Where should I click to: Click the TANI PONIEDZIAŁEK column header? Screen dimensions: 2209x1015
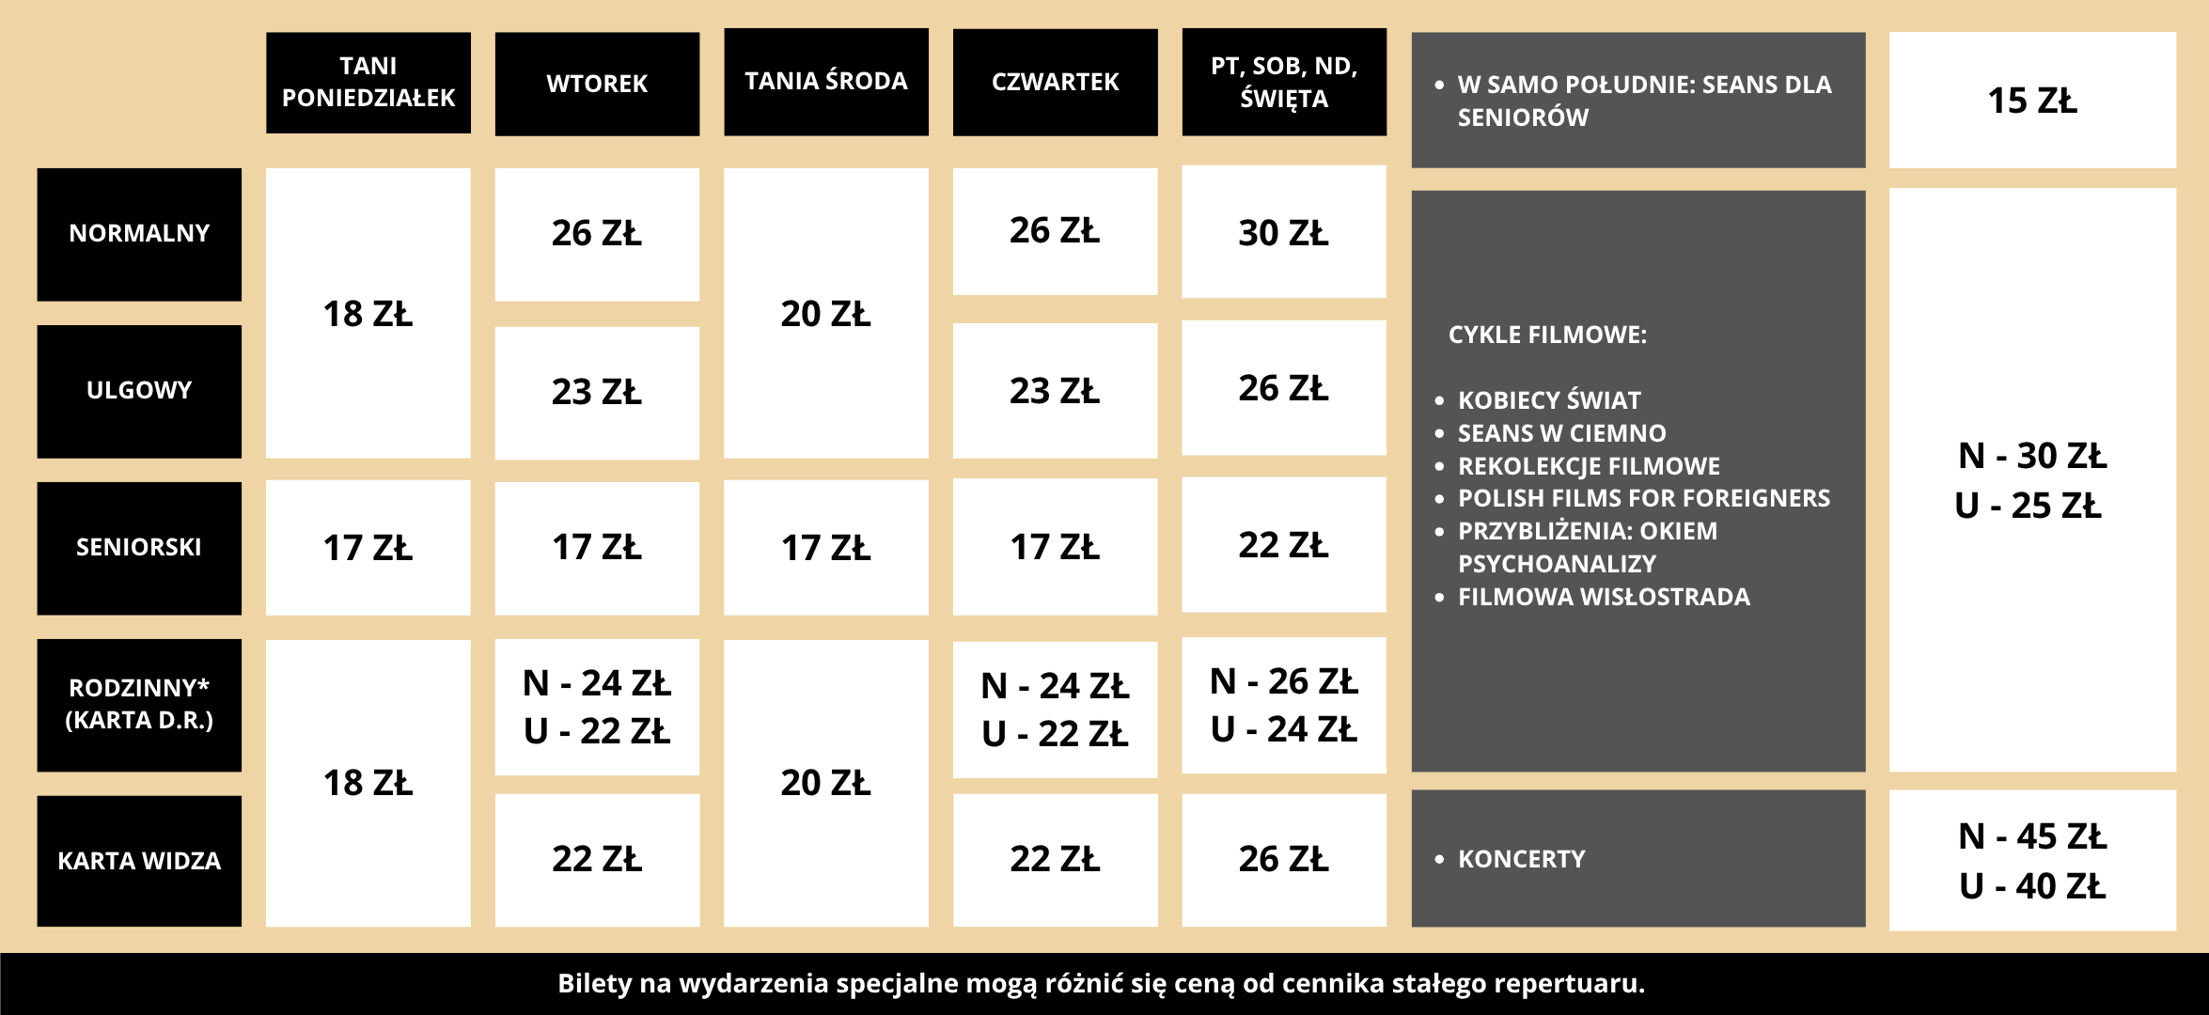368,82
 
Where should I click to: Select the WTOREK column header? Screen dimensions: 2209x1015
597,84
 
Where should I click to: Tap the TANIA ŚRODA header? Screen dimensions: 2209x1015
826,82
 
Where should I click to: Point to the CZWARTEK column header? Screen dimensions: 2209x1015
1055,82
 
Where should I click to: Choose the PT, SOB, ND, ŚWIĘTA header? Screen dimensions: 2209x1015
1284,82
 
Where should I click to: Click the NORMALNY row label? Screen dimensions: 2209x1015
139,234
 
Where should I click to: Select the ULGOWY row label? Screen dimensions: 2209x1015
139,391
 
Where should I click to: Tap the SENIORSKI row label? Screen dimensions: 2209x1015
139,548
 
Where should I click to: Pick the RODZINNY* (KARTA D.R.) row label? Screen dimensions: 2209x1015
139,705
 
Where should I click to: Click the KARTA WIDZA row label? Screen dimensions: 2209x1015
139,861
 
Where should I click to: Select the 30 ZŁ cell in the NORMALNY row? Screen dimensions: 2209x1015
1284,232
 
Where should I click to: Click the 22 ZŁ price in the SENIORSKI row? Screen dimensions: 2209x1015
1284,544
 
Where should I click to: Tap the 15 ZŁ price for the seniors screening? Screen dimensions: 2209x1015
2032,101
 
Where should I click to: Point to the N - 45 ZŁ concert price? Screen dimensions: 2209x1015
2032,835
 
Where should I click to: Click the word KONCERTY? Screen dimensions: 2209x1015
1522,859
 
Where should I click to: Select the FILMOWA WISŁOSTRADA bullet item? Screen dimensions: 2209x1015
1604,597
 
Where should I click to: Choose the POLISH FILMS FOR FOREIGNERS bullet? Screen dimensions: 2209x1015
1644,498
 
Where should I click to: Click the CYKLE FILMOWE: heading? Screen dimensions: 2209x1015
1547,335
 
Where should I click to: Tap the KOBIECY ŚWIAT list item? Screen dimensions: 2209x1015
1549,399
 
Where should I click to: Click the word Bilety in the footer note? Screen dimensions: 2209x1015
595,983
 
